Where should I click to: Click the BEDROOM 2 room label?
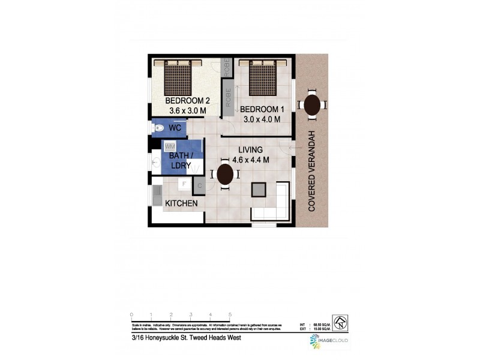[187, 101]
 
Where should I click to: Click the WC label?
[175, 128]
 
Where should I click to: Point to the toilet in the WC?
[158, 128]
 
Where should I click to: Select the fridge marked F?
[184, 184]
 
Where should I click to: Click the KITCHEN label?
[181, 204]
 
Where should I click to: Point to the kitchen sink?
[157, 193]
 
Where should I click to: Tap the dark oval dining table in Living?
[225, 175]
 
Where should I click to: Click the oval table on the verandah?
[312, 106]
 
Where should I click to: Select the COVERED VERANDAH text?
[312, 171]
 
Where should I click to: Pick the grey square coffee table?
[259, 189]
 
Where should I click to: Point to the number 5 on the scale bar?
[230, 314]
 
